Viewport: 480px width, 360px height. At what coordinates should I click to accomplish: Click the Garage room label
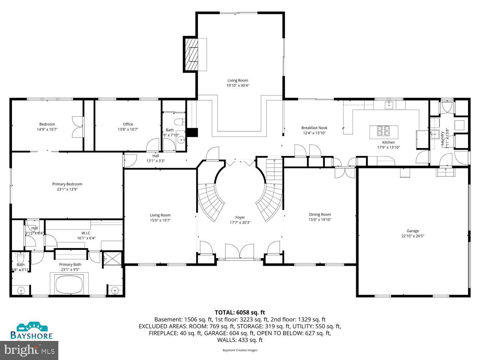coord(413,231)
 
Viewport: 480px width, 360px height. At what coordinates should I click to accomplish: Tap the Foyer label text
coord(240,217)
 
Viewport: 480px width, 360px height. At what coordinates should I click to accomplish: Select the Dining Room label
coord(320,215)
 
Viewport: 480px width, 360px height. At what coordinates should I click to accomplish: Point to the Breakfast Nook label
coord(314,128)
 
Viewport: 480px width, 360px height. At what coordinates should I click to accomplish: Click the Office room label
coord(128,124)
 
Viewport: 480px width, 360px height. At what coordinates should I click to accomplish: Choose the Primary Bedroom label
coord(67,184)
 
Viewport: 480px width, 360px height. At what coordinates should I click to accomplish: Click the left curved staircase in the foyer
coord(211,202)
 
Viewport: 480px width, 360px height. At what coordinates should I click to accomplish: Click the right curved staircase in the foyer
coord(270,202)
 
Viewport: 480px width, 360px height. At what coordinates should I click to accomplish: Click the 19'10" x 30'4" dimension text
coord(238,86)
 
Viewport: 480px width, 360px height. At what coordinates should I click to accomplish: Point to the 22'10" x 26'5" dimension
coord(413,236)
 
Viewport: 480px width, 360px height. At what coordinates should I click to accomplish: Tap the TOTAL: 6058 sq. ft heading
coord(240,312)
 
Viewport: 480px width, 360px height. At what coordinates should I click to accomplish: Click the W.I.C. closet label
coord(86,233)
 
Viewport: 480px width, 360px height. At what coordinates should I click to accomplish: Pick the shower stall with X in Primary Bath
coord(108,258)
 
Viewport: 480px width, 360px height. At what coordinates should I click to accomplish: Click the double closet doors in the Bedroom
coord(77,126)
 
